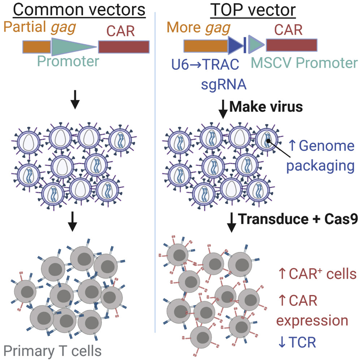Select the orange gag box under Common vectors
pos(37,47)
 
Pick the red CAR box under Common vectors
pos(124,47)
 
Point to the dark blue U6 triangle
pos(235,46)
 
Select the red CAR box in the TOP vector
pos(292,45)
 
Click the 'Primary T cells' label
pos(52,350)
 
